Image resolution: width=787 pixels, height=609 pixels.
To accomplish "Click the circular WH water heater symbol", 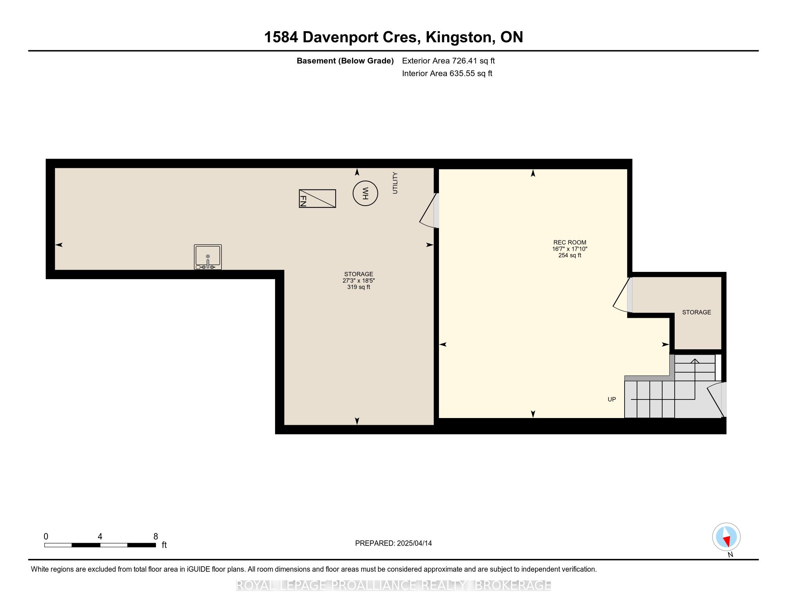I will tap(365, 193).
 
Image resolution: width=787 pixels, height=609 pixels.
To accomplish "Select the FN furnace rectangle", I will tap(317, 198).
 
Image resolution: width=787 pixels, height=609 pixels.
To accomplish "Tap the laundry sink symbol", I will tap(207, 257).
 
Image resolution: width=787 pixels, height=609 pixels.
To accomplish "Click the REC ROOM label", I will tap(570, 243).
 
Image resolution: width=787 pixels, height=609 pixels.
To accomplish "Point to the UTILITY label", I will tap(395, 183).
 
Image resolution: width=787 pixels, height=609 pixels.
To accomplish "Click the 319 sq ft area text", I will tap(358, 287).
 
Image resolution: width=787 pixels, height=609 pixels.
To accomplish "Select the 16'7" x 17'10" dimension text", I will tap(570, 249).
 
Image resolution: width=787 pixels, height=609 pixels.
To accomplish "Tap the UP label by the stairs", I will tap(611, 399).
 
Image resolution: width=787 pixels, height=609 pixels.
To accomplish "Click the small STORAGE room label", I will tap(696, 312).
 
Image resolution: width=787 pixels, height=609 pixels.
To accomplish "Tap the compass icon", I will tap(726, 537).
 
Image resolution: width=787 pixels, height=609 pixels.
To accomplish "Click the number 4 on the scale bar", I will tap(100, 537).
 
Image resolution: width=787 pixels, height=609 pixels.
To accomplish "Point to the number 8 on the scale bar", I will tap(156, 537).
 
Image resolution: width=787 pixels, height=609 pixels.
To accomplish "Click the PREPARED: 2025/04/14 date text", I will tap(393, 543).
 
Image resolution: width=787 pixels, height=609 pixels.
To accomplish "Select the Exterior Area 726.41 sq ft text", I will tap(448, 61).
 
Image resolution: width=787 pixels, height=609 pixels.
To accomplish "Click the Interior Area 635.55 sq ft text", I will tap(447, 73).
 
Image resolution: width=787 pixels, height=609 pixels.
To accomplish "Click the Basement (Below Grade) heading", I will tap(345, 61).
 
